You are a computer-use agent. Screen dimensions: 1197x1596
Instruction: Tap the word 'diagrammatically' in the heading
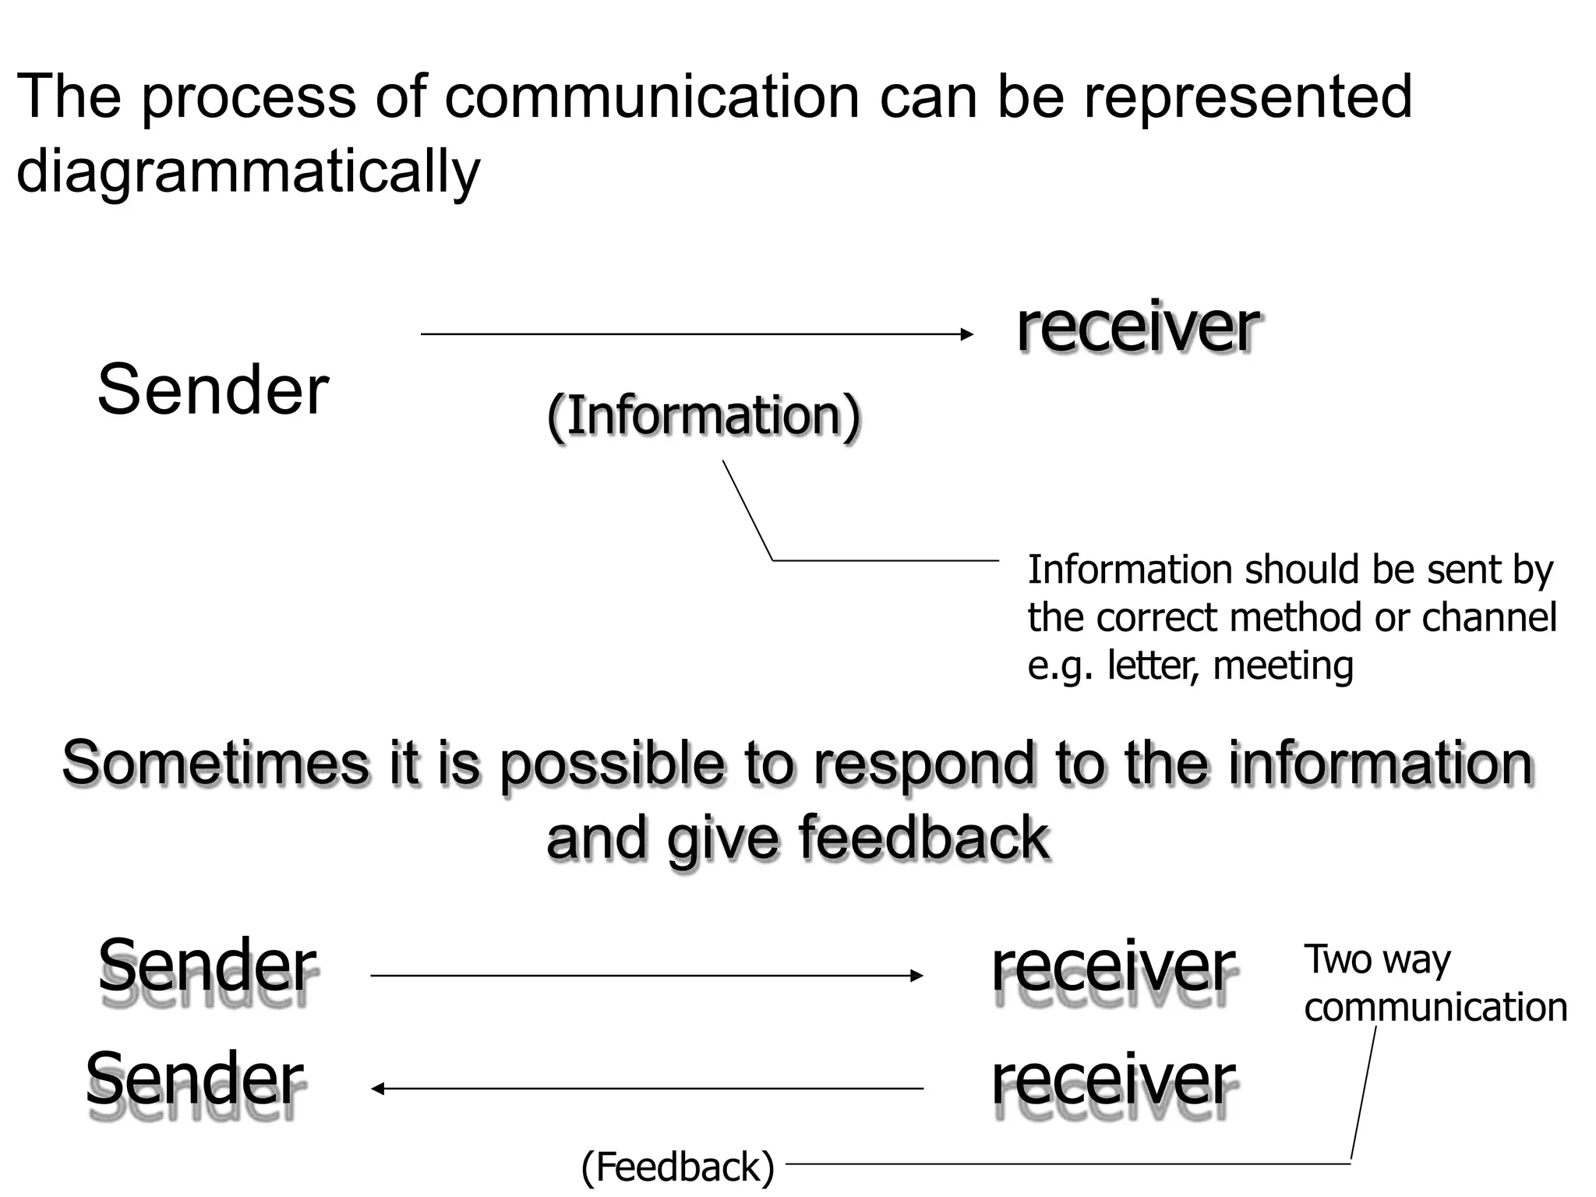pyautogui.click(x=248, y=171)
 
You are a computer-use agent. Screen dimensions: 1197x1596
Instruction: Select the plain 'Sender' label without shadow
pyautogui.click(x=213, y=390)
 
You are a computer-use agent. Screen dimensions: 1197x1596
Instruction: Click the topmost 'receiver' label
pyautogui.click(x=1137, y=327)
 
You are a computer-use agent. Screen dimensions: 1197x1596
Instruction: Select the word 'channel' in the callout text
pyautogui.click(x=1488, y=617)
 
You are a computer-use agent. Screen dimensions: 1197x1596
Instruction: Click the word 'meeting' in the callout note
pyautogui.click(x=1283, y=666)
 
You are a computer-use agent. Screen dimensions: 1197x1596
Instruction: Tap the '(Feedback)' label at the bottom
pyautogui.click(x=678, y=1167)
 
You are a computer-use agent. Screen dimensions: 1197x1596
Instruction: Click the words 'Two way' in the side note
pyautogui.click(x=1377, y=959)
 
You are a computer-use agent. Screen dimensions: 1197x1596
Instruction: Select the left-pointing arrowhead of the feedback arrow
pyautogui.click(x=377, y=1089)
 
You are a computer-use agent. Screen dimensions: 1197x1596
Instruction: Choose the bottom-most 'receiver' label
pyautogui.click(x=1113, y=1081)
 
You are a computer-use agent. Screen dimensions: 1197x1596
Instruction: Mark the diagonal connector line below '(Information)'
pyautogui.click(x=747, y=510)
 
